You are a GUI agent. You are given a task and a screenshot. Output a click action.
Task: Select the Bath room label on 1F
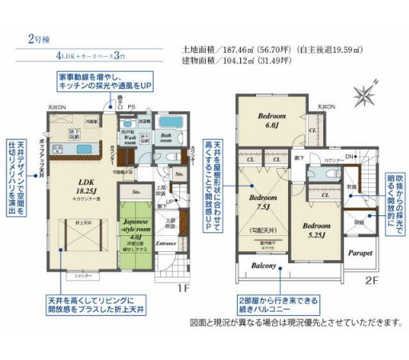(166, 138)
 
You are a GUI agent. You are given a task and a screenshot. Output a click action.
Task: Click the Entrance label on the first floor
(166, 242)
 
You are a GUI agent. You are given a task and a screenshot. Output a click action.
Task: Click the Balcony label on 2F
(264, 266)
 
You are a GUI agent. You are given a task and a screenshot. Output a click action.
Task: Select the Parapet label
(360, 253)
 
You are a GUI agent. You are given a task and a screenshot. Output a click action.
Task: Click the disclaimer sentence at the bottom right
(295, 322)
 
